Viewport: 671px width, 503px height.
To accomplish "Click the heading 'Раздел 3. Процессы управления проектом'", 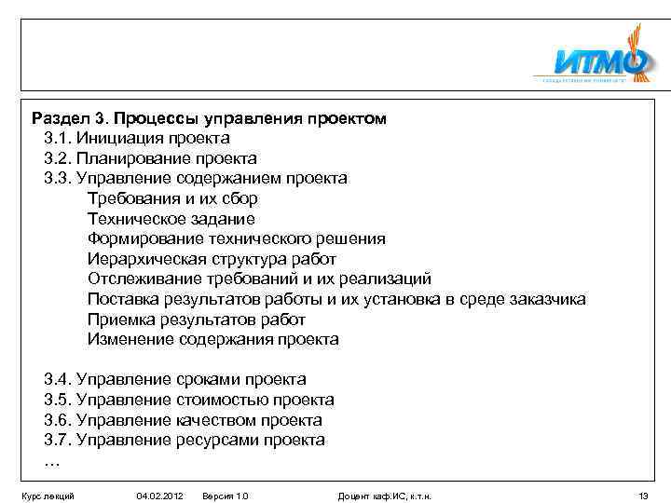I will [x=209, y=119].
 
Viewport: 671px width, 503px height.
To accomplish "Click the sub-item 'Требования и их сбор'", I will [x=172, y=198].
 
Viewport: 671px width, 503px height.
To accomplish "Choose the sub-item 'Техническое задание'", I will [x=171, y=219].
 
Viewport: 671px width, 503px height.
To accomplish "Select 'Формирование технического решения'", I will [x=236, y=238].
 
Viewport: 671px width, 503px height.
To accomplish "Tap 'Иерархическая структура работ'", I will [x=212, y=259].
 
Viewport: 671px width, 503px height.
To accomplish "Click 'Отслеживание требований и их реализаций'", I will [x=259, y=279].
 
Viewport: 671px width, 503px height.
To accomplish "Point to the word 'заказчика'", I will [x=548, y=299].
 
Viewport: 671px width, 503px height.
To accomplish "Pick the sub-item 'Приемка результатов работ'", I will [x=197, y=319].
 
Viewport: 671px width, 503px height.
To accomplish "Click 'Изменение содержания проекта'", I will [x=212, y=339].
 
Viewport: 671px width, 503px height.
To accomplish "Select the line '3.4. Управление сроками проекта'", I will [x=174, y=379].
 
